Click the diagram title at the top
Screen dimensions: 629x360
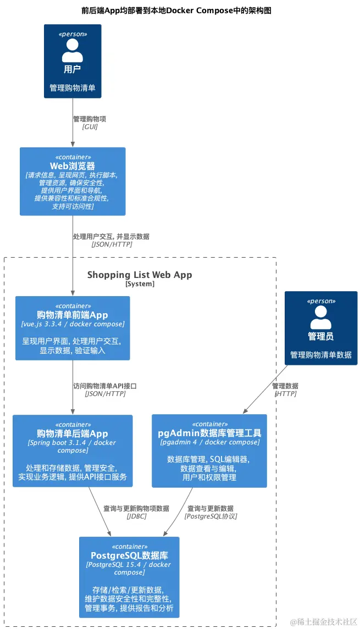tap(176, 10)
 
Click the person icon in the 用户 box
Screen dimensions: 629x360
tap(73, 50)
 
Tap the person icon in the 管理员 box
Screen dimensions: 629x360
tap(321, 317)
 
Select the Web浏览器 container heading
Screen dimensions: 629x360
tap(73, 166)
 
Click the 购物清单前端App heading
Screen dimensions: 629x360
tap(73, 315)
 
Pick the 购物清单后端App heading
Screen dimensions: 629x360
tap(73, 433)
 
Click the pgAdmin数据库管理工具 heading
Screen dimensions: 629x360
tap(209, 433)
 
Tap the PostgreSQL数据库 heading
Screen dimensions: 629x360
tap(129, 555)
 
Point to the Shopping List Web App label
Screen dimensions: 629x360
tap(140, 275)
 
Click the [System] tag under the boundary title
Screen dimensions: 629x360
tap(140, 284)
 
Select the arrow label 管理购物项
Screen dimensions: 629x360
tap(90, 119)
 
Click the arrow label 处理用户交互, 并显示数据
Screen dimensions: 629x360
tap(111, 236)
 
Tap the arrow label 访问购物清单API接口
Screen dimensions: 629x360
tap(105, 386)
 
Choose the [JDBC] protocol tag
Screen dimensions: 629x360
tap(136, 516)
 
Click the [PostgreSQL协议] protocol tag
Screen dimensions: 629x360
tap(211, 516)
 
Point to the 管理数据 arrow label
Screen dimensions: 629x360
tap(285, 386)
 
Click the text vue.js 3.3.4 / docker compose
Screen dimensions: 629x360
tap(73, 324)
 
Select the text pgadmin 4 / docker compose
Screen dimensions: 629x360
tap(209, 442)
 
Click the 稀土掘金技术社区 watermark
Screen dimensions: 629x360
tap(324, 621)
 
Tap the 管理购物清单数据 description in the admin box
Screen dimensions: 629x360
tap(321, 354)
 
